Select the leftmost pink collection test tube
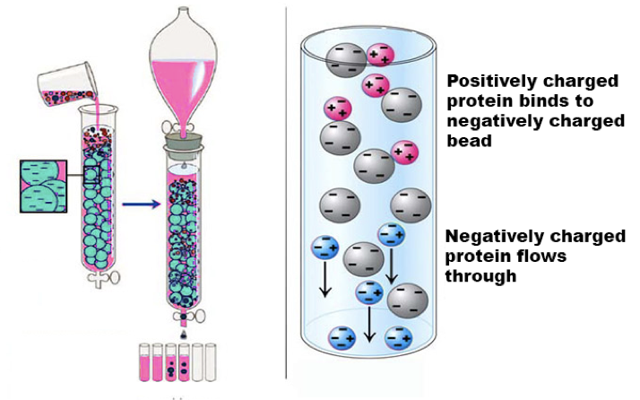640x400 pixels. tap(143, 363)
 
